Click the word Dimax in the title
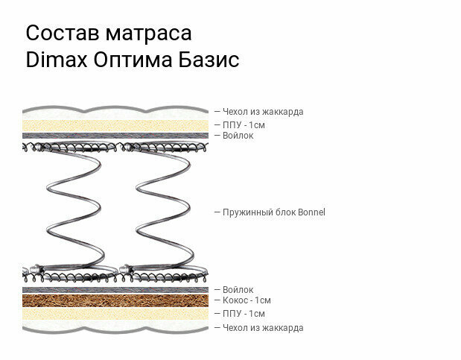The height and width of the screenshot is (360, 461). point(57,60)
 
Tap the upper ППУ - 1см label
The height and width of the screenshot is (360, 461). point(244,124)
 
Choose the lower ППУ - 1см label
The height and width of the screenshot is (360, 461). point(244,314)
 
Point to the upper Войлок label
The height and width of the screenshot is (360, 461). point(238,135)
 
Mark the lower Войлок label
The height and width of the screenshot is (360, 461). point(238,289)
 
